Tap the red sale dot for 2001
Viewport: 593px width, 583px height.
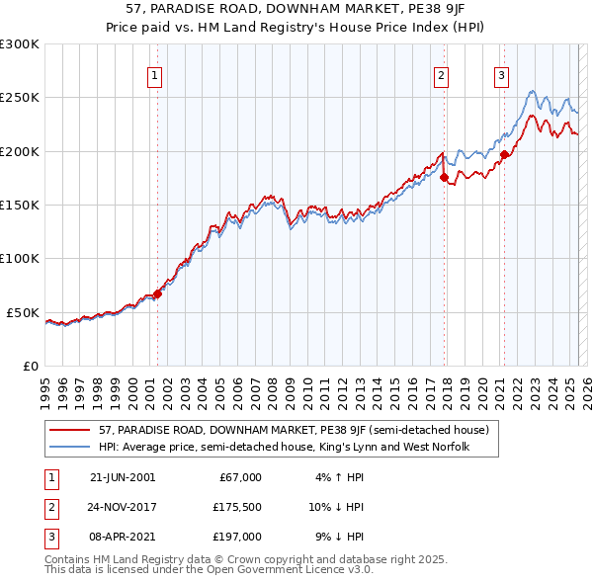157,293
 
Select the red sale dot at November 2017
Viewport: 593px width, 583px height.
444,178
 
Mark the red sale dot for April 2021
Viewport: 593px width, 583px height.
504,154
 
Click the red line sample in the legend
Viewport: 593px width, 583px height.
69,430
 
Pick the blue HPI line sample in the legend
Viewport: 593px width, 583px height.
69,447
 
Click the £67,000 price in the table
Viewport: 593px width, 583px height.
240,476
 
